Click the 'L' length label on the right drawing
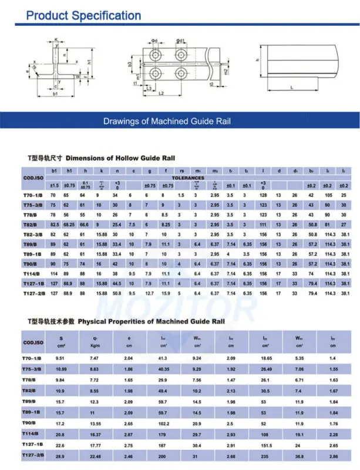[x=292, y=87]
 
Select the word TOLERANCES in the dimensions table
[x=188, y=177]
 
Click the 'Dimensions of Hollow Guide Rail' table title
[x=120, y=158]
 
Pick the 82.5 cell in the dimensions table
[x=54, y=224]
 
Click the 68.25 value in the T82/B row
[x=69, y=224]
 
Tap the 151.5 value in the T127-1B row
[x=270, y=445]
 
